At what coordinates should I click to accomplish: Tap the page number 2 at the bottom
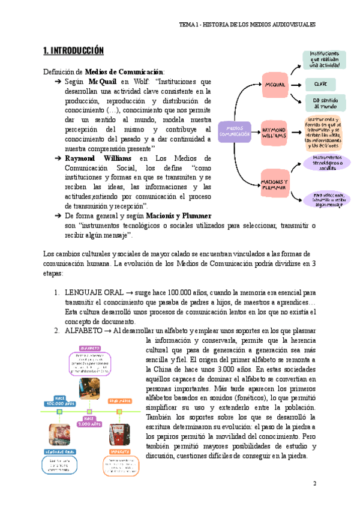pyautogui.click(x=314, y=483)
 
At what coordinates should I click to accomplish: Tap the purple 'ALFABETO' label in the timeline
pyautogui.click(x=89, y=348)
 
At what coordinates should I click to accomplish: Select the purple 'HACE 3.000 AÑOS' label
pyautogui.click(x=89, y=422)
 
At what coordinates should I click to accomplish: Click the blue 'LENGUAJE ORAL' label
pyautogui.click(x=59, y=451)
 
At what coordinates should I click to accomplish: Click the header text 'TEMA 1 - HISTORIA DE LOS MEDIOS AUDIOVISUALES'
pyautogui.click(x=247, y=25)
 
